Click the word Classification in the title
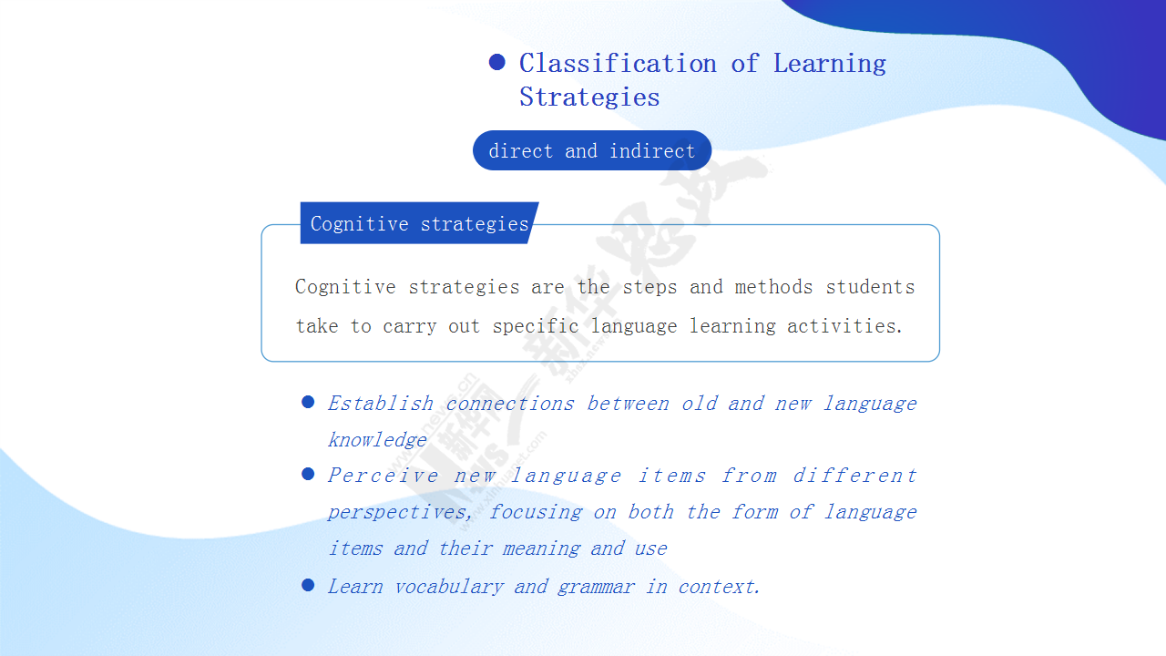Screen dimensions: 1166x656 (x=618, y=64)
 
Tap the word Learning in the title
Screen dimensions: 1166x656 (x=830, y=65)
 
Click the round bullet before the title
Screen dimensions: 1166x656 (x=497, y=62)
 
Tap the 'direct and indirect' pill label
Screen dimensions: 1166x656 (x=592, y=150)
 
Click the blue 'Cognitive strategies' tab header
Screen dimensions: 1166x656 (x=420, y=223)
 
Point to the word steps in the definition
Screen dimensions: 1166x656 (x=649, y=288)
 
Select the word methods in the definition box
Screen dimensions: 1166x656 (x=773, y=287)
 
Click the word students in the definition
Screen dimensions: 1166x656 (x=870, y=287)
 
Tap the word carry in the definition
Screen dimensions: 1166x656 (x=410, y=327)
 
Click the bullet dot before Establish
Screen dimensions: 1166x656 (x=308, y=402)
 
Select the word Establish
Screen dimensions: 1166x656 (x=381, y=404)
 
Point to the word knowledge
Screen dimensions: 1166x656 (x=377, y=440)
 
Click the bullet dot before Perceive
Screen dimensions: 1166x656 (x=308, y=474)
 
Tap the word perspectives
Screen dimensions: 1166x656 (x=399, y=512)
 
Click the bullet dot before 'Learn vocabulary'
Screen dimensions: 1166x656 (x=308, y=585)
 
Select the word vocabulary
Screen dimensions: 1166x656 (x=449, y=588)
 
